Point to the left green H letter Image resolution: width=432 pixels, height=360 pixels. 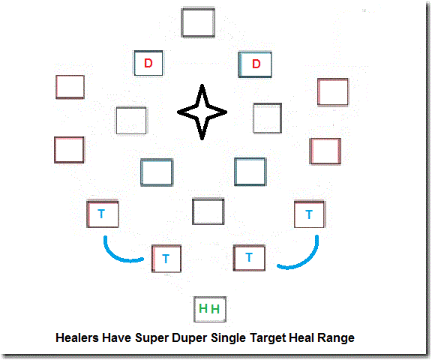(203, 308)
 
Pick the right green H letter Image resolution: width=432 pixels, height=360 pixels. (215, 309)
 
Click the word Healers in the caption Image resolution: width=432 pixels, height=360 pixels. (77, 337)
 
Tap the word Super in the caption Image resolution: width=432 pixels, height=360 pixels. (152, 338)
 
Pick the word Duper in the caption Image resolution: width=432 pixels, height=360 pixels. (190, 338)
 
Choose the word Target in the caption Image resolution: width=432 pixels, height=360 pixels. (268, 338)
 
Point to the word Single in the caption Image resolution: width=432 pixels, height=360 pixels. (229, 338)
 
